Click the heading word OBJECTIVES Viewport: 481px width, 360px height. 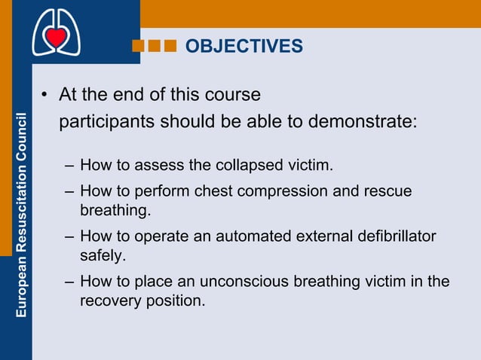tap(244, 47)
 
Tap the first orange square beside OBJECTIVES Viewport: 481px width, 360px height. tap(139, 47)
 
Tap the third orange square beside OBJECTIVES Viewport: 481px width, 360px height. tap(170, 47)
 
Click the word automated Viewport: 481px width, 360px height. tap(253, 237)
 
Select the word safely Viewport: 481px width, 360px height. tap(102, 256)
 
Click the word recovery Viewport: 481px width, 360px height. tap(109, 301)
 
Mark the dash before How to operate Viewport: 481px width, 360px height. tap(69, 237)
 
